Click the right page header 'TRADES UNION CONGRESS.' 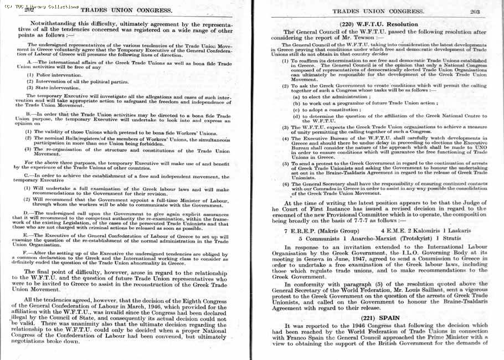coord(378,11)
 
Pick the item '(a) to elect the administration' coord(331,97)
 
